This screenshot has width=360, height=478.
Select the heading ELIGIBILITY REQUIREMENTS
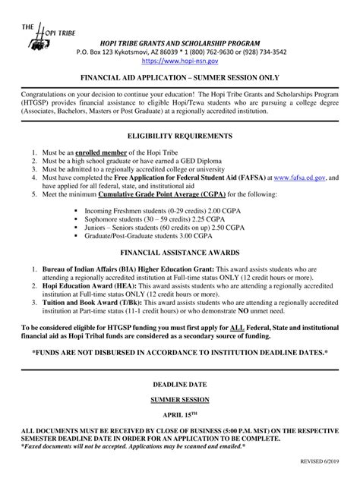(x=179, y=137)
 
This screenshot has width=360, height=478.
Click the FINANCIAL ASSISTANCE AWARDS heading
(x=179, y=250)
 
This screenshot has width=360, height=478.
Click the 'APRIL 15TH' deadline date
(x=179, y=416)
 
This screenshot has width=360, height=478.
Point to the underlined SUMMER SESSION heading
(x=179, y=399)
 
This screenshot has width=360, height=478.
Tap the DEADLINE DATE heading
(x=179, y=385)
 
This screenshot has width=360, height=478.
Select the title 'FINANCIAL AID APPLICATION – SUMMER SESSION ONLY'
(x=179, y=78)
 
